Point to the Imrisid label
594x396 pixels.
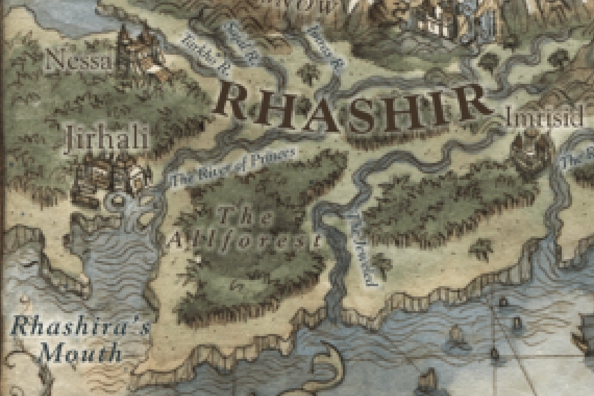click(x=544, y=119)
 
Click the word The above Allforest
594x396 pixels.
click(x=245, y=215)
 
